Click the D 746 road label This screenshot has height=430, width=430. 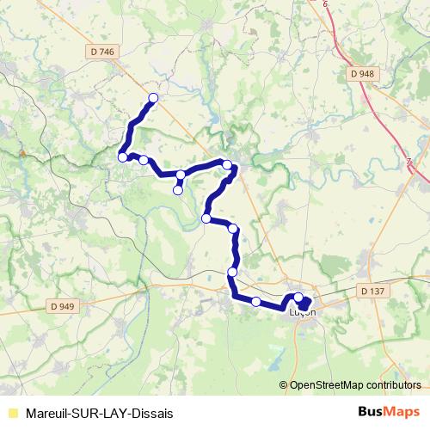click(101, 52)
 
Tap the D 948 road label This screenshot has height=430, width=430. click(363, 74)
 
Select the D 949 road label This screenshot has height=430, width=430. click(63, 305)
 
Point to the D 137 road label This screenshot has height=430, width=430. click(372, 292)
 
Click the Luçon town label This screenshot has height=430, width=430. click(304, 311)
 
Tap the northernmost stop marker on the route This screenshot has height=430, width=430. click(154, 98)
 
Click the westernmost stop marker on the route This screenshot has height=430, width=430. click(123, 157)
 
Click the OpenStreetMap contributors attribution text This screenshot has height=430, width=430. click(353, 386)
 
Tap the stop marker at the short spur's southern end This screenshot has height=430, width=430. click(178, 190)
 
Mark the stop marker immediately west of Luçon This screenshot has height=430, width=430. click(256, 301)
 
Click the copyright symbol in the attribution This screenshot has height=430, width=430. click(285, 386)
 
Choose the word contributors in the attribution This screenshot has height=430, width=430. click(393, 386)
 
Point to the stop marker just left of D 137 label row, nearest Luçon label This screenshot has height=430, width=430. click(298, 298)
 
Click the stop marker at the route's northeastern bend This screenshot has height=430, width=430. click(227, 164)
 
